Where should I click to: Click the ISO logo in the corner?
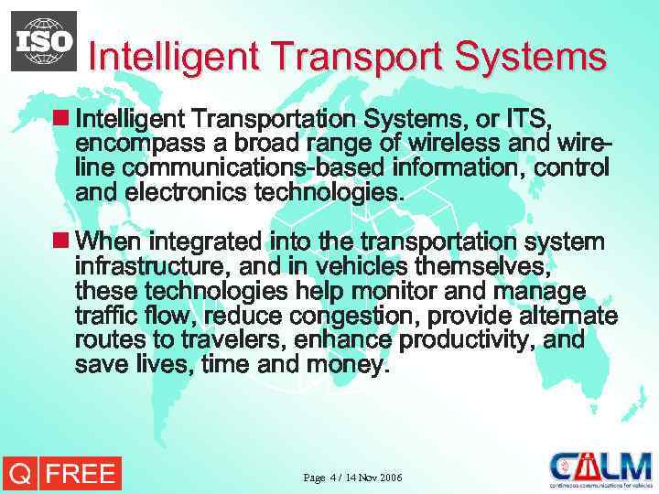tap(44, 40)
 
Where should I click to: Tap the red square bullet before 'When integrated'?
tap(60, 242)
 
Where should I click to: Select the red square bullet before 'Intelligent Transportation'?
tap(60, 119)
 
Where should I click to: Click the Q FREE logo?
tap(60, 473)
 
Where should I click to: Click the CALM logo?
tap(600, 468)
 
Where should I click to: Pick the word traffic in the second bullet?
tap(103, 317)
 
